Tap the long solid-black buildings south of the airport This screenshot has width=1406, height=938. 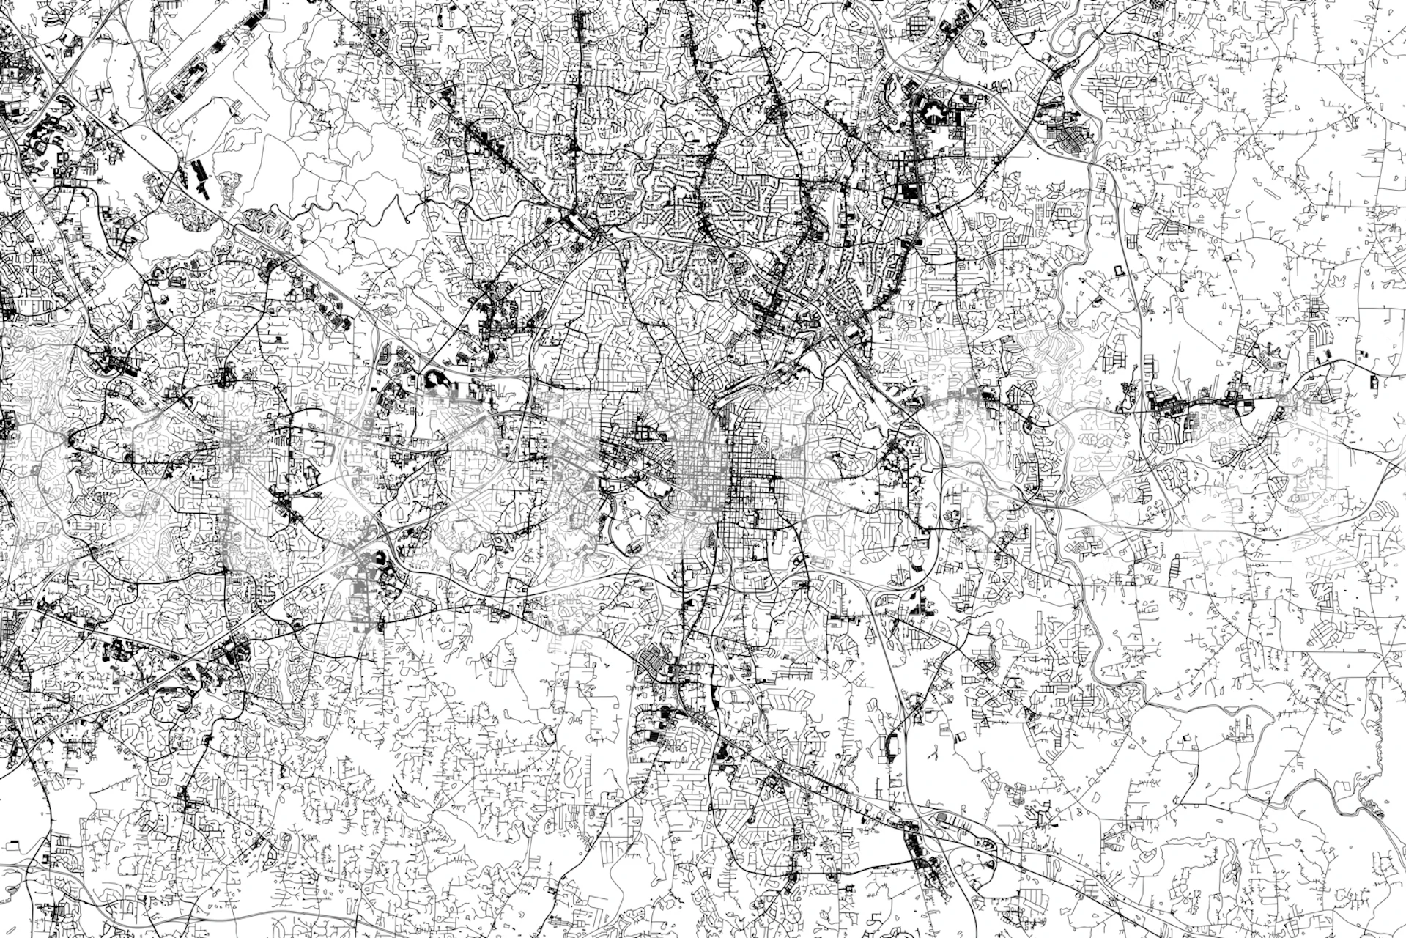click(x=199, y=176)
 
